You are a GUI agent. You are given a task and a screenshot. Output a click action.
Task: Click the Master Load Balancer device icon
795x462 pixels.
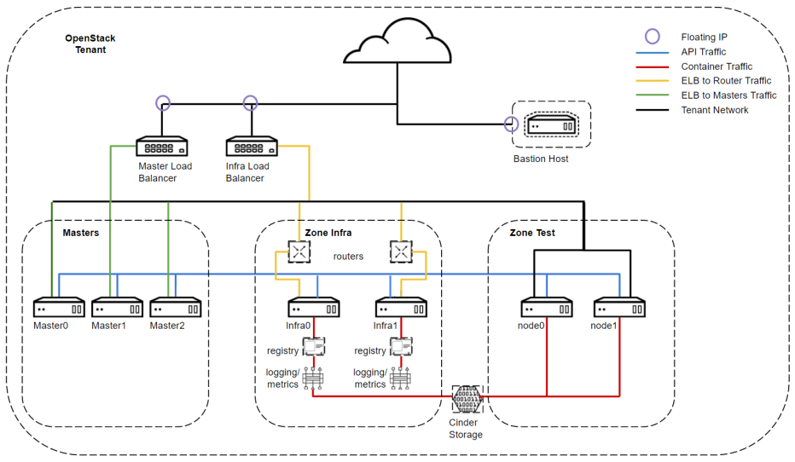click(x=162, y=147)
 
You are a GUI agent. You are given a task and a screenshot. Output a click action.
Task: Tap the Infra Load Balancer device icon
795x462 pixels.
click(x=251, y=147)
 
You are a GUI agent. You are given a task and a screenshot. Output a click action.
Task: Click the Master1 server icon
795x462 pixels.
click(x=117, y=308)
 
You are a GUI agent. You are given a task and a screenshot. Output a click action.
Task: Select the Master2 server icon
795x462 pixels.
click(x=175, y=308)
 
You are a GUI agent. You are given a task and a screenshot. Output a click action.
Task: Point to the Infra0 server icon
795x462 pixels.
click(x=313, y=308)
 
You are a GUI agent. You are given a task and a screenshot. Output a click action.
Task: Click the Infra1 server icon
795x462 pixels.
click(x=401, y=308)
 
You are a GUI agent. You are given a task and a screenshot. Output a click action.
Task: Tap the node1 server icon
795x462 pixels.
click(x=619, y=308)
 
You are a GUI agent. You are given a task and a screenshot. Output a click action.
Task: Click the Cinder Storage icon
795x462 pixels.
click(x=467, y=397)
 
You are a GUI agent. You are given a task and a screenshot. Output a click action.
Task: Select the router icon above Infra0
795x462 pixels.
click(x=299, y=251)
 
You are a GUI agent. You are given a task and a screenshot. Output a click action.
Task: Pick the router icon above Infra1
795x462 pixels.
click(x=401, y=251)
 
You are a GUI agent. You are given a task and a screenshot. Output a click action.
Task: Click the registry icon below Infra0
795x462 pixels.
click(x=314, y=347)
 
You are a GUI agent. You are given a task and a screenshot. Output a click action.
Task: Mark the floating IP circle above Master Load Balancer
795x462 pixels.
click(x=162, y=103)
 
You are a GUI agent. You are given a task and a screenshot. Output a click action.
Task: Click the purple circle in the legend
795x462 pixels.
click(x=653, y=37)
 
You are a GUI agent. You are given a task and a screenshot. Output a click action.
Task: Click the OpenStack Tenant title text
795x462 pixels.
click(x=90, y=44)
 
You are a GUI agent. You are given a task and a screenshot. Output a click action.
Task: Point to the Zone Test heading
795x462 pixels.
click(x=531, y=233)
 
